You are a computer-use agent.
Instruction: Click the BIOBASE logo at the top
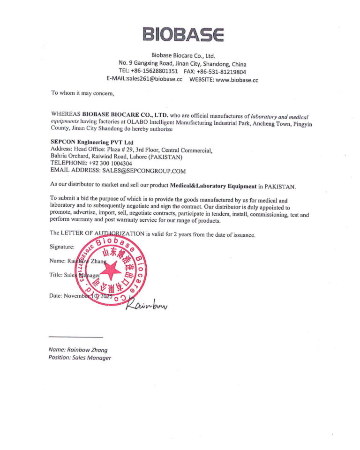tap(183, 34)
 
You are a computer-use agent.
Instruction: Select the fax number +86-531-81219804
tap(224, 72)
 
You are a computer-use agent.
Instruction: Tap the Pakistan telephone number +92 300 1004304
tap(110, 163)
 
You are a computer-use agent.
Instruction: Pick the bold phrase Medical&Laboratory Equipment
tap(213, 186)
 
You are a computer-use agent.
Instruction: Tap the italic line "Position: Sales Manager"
tap(80, 358)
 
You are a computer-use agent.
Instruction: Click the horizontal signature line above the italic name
tap(75, 337)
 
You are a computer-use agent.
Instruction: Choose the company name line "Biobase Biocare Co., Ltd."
tap(183, 55)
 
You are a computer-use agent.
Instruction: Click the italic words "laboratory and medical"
tap(280, 115)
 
